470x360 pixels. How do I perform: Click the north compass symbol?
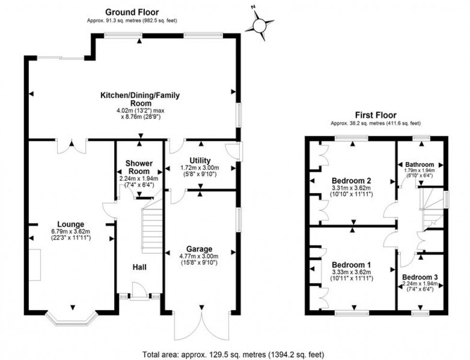click(259, 23)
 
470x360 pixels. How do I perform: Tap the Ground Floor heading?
click(132, 12)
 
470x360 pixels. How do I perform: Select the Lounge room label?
click(70, 224)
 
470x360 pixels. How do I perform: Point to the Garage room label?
click(200, 249)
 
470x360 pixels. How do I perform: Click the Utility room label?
click(200, 160)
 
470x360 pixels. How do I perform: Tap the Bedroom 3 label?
click(420, 277)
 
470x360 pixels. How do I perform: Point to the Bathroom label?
click(420, 164)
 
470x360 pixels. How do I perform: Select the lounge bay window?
click(72, 319)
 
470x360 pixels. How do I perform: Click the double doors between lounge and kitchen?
click(72, 146)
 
